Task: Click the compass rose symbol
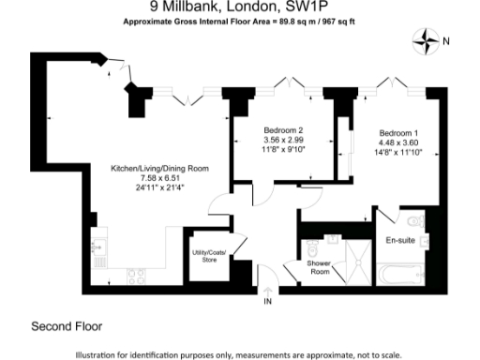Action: click(x=427, y=40)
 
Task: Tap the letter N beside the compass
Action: click(x=446, y=40)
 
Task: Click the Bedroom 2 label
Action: click(x=283, y=129)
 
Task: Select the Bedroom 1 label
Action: click(x=400, y=132)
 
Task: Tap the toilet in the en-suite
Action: click(x=415, y=221)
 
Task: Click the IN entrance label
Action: click(x=266, y=301)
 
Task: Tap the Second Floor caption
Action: click(x=67, y=326)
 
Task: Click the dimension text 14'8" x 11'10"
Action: click(x=400, y=151)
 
